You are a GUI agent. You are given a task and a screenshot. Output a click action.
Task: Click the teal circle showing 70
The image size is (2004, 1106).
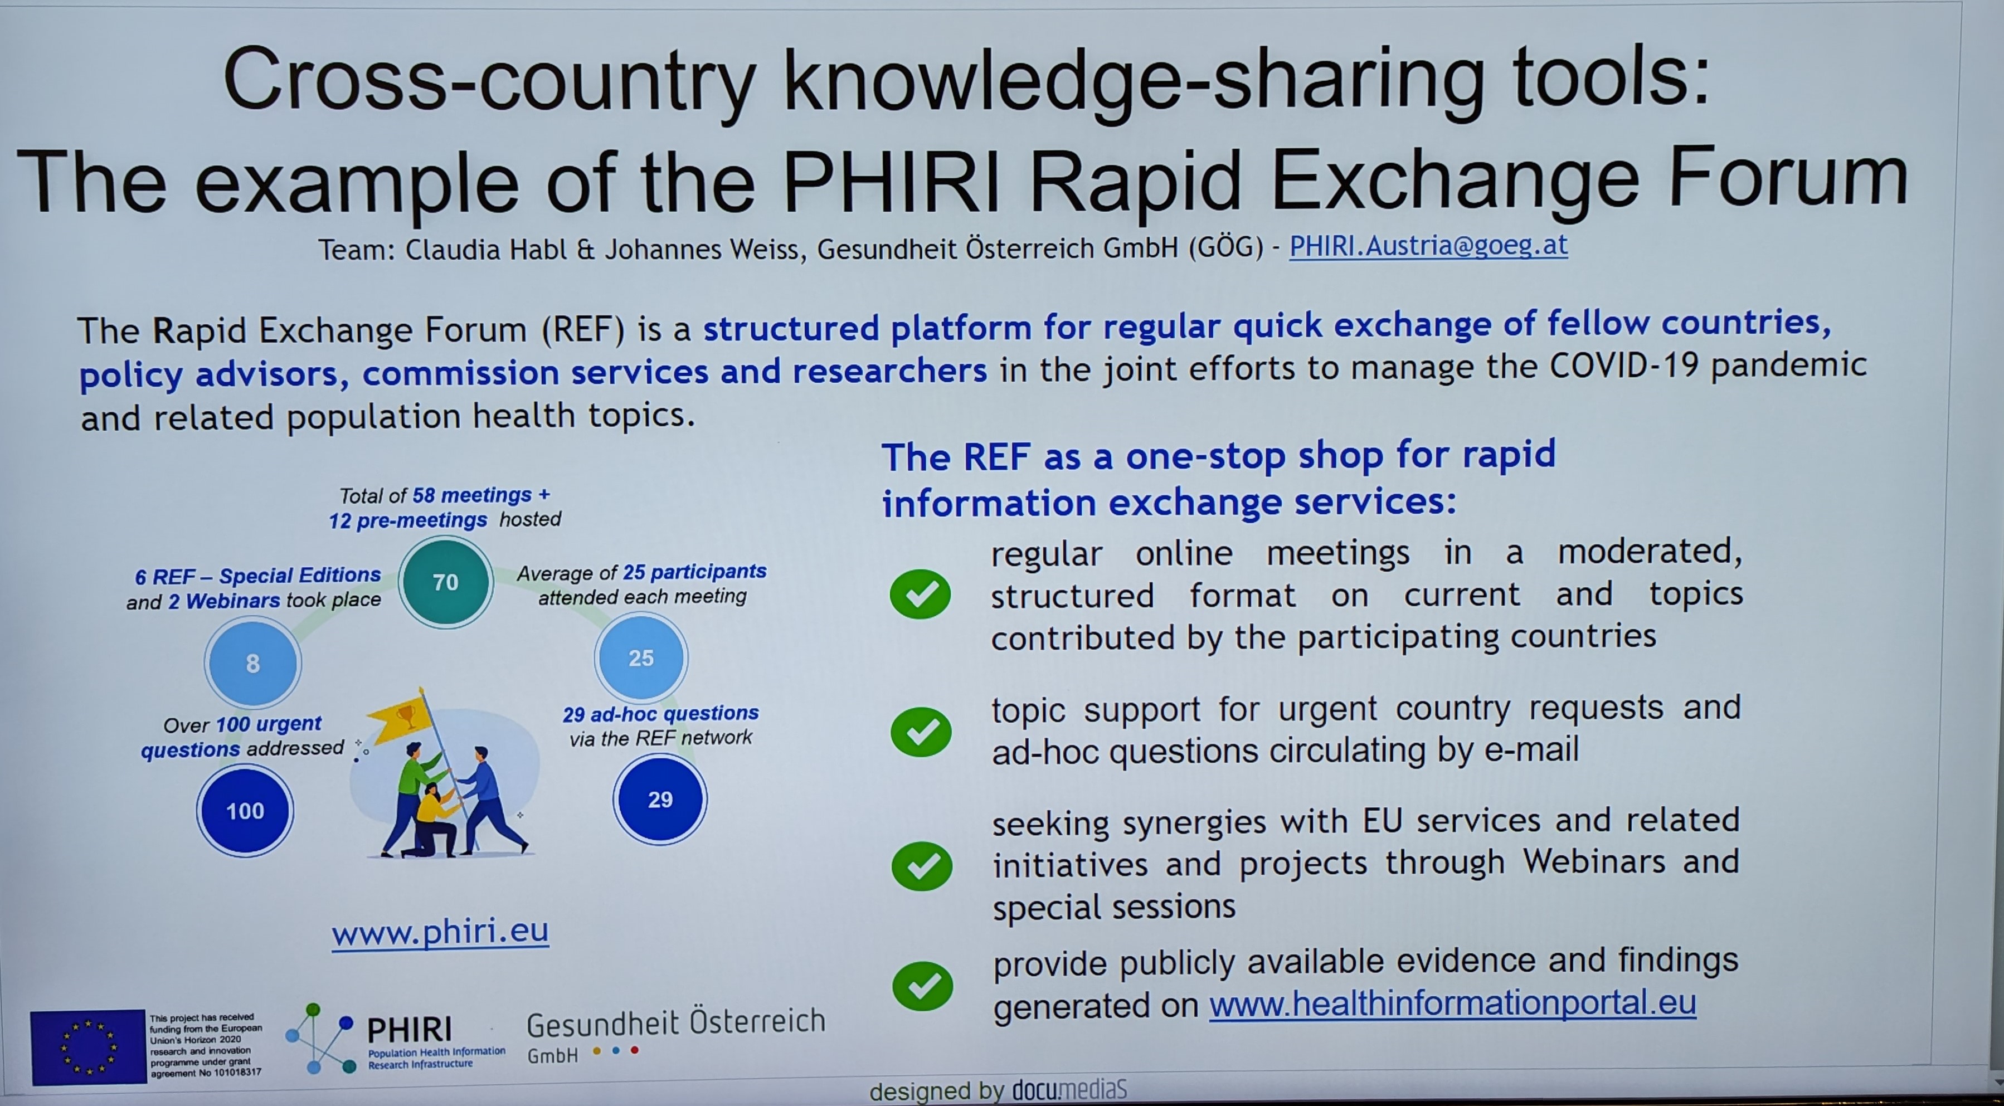[x=446, y=582]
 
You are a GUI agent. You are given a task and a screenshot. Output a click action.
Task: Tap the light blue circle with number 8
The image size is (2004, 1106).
[x=253, y=662]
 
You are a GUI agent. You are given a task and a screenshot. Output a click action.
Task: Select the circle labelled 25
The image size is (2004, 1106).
[x=641, y=658]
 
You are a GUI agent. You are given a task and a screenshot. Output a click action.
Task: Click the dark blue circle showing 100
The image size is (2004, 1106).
[x=245, y=811]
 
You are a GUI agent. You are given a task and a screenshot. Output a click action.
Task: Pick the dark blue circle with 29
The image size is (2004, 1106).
[x=660, y=800]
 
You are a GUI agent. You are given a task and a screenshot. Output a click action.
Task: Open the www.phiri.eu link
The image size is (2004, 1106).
[x=440, y=931]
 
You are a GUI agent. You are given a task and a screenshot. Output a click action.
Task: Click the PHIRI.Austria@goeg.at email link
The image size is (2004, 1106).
[x=1428, y=246]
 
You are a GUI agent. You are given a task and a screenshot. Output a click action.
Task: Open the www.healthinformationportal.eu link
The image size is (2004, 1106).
[x=1452, y=1003]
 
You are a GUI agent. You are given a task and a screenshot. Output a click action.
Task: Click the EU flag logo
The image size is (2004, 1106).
[x=88, y=1046]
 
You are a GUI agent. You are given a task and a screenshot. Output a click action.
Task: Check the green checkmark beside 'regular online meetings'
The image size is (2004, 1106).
[x=920, y=594]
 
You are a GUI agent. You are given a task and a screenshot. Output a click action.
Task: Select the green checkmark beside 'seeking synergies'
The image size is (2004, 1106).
[x=922, y=866]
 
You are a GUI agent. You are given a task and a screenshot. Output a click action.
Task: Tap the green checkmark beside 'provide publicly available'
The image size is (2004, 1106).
[x=923, y=986]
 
